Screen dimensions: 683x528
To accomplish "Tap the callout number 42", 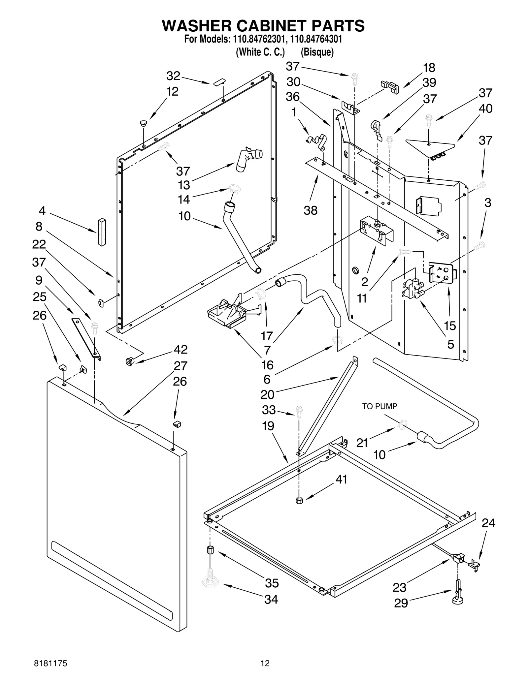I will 181,350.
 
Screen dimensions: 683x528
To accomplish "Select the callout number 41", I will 342,479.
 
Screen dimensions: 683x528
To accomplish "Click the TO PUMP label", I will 379,407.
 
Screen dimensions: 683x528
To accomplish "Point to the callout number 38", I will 311,210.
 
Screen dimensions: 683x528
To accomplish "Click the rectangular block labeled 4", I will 102,232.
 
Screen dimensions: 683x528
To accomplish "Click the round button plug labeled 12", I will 143,123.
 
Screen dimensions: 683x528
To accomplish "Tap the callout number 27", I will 181,366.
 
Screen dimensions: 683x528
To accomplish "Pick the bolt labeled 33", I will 299,411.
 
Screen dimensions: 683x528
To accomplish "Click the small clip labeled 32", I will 218,81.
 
